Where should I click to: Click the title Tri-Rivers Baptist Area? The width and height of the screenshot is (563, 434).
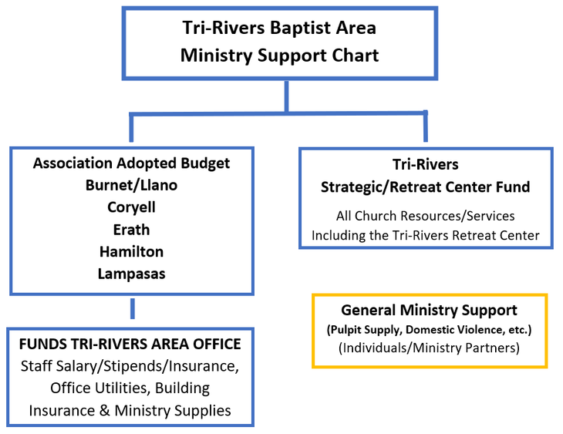click(279, 29)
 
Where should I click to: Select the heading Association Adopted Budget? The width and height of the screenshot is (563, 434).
click(131, 163)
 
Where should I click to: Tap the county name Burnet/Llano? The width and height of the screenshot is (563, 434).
click(131, 186)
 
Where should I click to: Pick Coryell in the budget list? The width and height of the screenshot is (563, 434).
click(131, 208)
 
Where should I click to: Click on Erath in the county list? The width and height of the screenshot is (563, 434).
click(131, 230)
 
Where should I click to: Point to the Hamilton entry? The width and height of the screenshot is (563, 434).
click(131, 252)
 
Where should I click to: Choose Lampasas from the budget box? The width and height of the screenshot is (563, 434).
click(131, 274)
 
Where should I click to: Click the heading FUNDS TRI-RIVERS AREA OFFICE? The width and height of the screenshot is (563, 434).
click(130, 344)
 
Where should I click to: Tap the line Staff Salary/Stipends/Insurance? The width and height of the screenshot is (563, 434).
click(130, 365)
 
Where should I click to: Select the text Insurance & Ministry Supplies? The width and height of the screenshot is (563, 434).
click(130, 411)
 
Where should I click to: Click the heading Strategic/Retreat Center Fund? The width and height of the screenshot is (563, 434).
click(425, 187)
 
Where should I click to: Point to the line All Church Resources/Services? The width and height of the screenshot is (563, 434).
click(425, 216)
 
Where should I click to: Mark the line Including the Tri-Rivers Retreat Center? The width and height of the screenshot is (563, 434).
click(425, 235)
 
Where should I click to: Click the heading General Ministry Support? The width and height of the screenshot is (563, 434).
click(429, 311)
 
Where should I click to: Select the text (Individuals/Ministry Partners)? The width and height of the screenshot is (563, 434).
click(429, 348)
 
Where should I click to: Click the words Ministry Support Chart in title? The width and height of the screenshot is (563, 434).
click(279, 56)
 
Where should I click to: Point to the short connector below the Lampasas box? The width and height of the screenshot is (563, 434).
click(133, 308)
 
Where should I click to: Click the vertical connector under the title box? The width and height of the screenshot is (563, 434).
click(286, 96)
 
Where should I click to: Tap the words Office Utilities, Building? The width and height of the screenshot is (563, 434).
click(130, 388)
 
